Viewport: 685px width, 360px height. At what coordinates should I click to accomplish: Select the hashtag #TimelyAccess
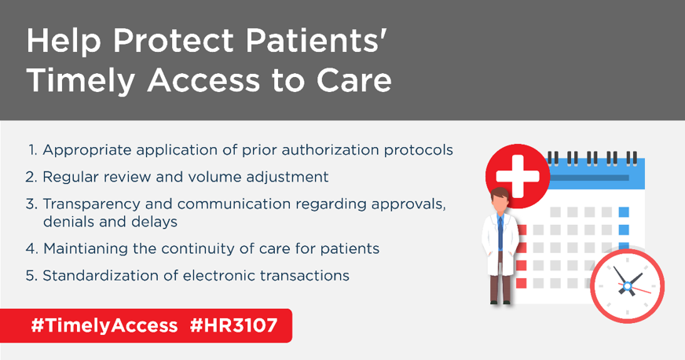(x=104, y=325)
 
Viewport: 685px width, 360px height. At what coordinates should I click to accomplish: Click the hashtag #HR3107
(x=234, y=325)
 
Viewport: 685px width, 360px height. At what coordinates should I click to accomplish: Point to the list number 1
(x=33, y=149)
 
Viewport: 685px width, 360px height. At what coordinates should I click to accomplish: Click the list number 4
(x=32, y=248)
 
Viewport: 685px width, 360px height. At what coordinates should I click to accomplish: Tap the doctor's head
(x=500, y=202)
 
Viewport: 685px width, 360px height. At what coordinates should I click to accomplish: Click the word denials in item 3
(x=67, y=222)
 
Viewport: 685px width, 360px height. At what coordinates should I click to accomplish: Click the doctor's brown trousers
(x=500, y=288)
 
